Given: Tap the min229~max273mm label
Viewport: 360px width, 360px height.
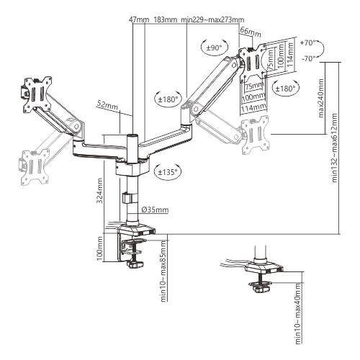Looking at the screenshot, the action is click(x=212, y=19).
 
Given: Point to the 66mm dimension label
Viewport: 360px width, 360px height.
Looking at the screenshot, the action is click(x=251, y=32).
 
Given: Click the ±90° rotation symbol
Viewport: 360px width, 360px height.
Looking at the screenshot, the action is click(x=215, y=48).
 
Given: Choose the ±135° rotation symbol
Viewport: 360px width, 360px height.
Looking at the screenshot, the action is click(x=168, y=171).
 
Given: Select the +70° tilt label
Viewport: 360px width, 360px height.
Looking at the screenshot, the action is click(x=307, y=43).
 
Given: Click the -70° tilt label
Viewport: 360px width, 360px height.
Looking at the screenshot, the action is click(x=308, y=58).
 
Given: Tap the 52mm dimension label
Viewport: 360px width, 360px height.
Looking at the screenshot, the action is click(x=107, y=105).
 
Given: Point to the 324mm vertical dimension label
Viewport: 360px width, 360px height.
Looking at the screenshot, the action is click(x=99, y=191).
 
